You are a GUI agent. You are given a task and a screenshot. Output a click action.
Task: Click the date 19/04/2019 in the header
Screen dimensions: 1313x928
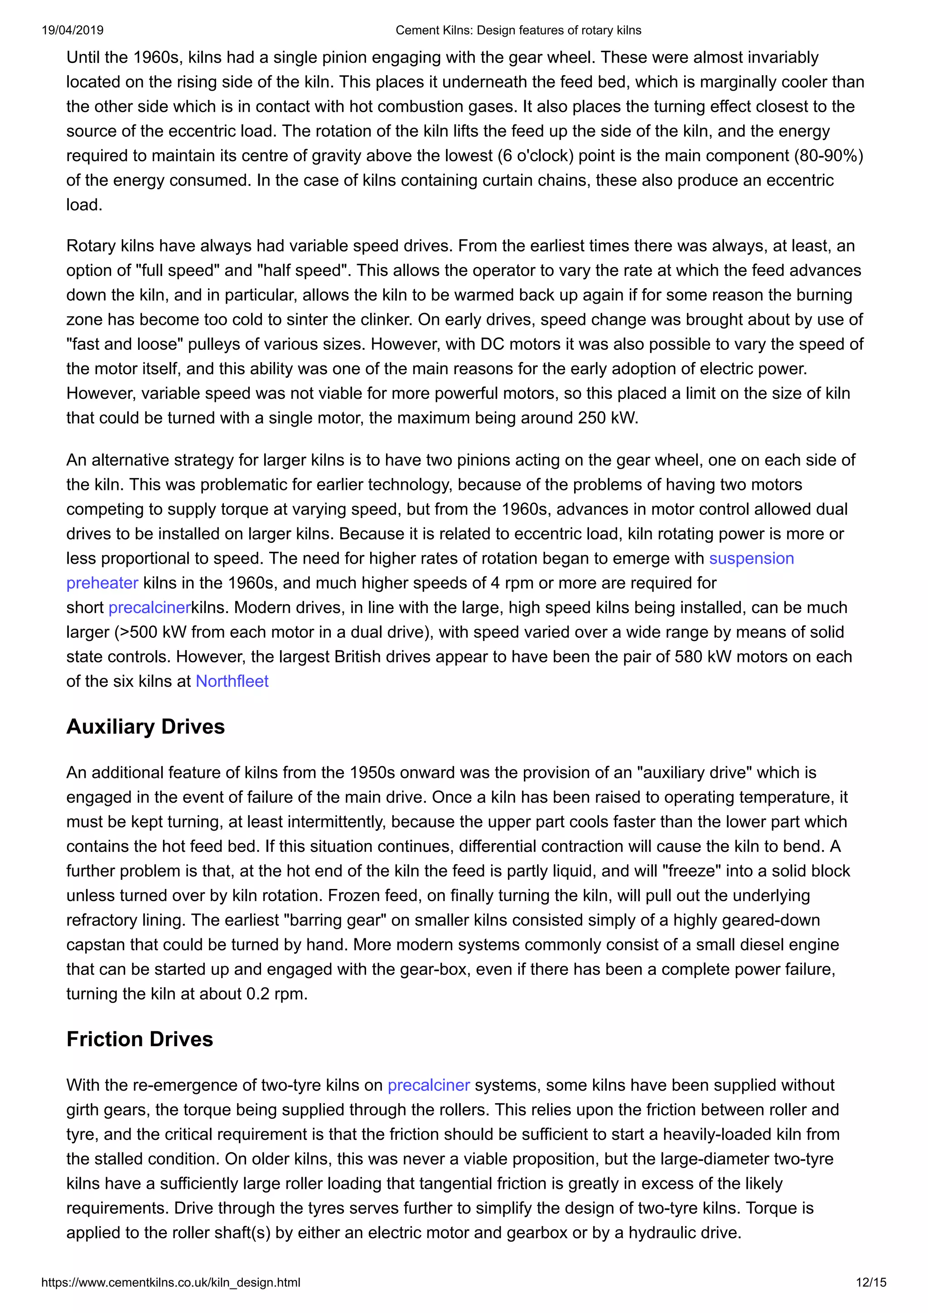(x=72, y=30)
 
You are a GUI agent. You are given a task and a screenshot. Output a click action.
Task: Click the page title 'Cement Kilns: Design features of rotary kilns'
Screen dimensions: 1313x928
(x=518, y=30)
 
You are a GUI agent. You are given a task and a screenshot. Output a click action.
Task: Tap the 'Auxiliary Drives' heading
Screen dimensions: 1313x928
(x=145, y=726)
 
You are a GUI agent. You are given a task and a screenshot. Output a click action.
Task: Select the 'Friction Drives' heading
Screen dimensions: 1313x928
(x=140, y=1039)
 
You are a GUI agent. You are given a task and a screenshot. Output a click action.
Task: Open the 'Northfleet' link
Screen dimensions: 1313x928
(x=232, y=681)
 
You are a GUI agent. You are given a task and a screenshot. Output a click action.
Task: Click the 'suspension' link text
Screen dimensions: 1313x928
(x=751, y=558)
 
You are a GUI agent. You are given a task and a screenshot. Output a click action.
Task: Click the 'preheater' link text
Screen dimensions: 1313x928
(x=102, y=583)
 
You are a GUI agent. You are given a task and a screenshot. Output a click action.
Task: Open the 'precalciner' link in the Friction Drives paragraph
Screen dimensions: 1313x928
(x=428, y=1086)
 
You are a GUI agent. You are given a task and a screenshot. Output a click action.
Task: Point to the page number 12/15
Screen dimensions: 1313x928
(x=871, y=1282)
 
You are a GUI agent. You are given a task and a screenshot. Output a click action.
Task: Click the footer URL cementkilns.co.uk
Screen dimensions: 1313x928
(x=170, y=1282)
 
